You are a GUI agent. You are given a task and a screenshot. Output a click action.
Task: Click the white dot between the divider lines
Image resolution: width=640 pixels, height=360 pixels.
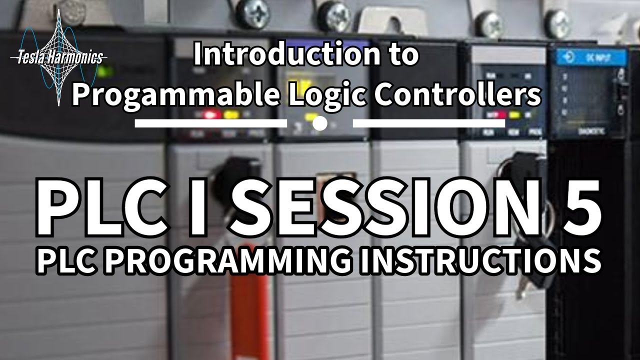pos(320,123)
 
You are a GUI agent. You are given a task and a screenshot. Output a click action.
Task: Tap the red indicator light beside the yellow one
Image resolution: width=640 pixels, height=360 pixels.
pos(210,115)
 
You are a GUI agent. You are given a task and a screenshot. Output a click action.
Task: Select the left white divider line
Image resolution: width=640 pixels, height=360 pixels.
pos(210,123)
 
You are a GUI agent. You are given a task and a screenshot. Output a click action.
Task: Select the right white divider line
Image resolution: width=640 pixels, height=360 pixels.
pos(429,123)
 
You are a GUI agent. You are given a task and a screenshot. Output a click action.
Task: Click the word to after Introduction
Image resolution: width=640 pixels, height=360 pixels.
pos(400,55)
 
